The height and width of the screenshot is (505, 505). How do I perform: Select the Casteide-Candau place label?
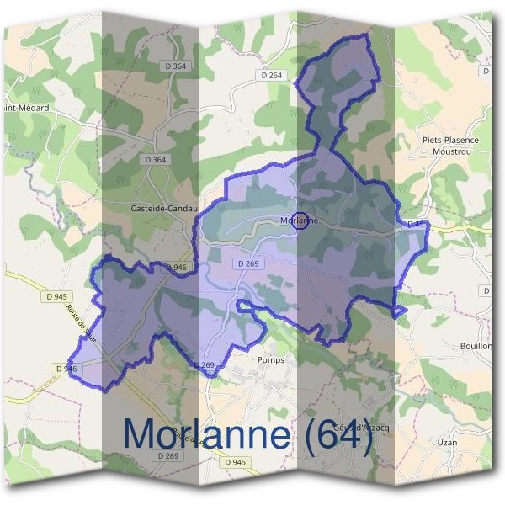(164, 208)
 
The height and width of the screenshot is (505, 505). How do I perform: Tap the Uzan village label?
(448, 441)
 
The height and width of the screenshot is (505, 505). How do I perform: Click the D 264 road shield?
(273, 75)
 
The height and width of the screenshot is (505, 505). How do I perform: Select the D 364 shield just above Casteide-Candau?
(156, 159)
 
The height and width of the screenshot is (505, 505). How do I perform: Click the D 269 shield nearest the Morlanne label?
(248, 263)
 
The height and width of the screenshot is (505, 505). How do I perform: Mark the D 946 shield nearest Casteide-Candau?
(176, 267)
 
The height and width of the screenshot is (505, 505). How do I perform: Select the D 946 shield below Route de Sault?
(66, 369)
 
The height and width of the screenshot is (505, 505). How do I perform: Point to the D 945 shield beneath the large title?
(237, 462)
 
